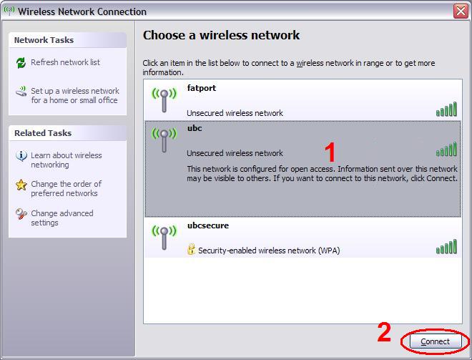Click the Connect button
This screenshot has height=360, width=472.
click(436, 341)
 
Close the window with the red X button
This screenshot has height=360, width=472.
click(461, 11)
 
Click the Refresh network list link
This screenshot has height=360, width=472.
click(65, 62)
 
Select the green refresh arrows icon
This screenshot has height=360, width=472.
click(21, 63)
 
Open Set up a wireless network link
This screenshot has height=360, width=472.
click(75, 95)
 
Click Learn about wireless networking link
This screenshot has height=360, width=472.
click(67, 160)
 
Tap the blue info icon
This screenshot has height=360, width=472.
click(21, 156)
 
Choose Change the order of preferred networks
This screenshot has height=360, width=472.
click(67, 188)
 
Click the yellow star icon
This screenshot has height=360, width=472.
click(21, 185)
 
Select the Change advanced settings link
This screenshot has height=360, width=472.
click(62, 218)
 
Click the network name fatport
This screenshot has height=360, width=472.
click(202, 88)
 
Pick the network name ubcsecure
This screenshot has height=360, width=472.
click(208, 225)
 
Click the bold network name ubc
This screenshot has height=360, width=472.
click(195, 128)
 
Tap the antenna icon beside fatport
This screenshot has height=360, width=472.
click(164, 99)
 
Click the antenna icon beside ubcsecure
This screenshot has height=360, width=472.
click(164, 237)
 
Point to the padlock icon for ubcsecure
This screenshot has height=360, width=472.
click(191, 250)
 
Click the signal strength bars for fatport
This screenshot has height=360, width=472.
click(446, 109)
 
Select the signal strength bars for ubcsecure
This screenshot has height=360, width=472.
click(446, 247)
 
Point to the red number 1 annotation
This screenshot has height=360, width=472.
click(330, 152)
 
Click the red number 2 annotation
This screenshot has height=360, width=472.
click(384, 332)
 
